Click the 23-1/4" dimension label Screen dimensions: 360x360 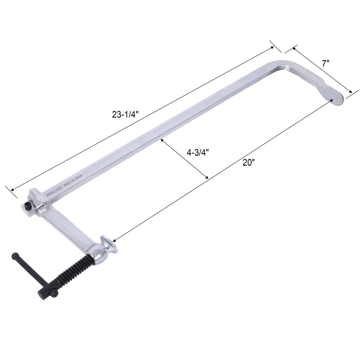[x=125, y=115]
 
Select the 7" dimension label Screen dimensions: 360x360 [x=325, y=63]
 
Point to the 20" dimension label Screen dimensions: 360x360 [x=249, y=163]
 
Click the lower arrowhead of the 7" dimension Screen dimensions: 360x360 [x=350, y=92]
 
